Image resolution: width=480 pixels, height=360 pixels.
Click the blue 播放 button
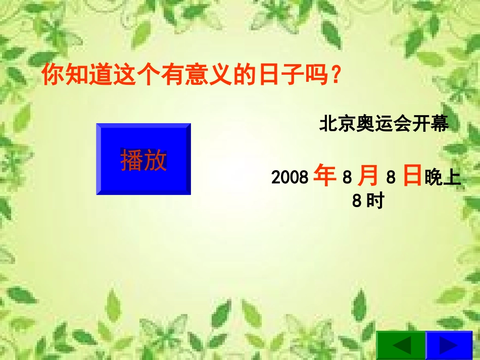point(143,159)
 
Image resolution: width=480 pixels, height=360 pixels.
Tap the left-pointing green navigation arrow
point(402,345)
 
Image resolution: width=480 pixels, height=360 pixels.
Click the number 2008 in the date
point(290,177)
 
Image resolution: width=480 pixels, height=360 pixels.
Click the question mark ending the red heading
point(333,76)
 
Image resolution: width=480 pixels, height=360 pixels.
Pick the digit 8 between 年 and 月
point(346,178)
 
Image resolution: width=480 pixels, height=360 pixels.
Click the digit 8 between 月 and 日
point(390,178)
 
